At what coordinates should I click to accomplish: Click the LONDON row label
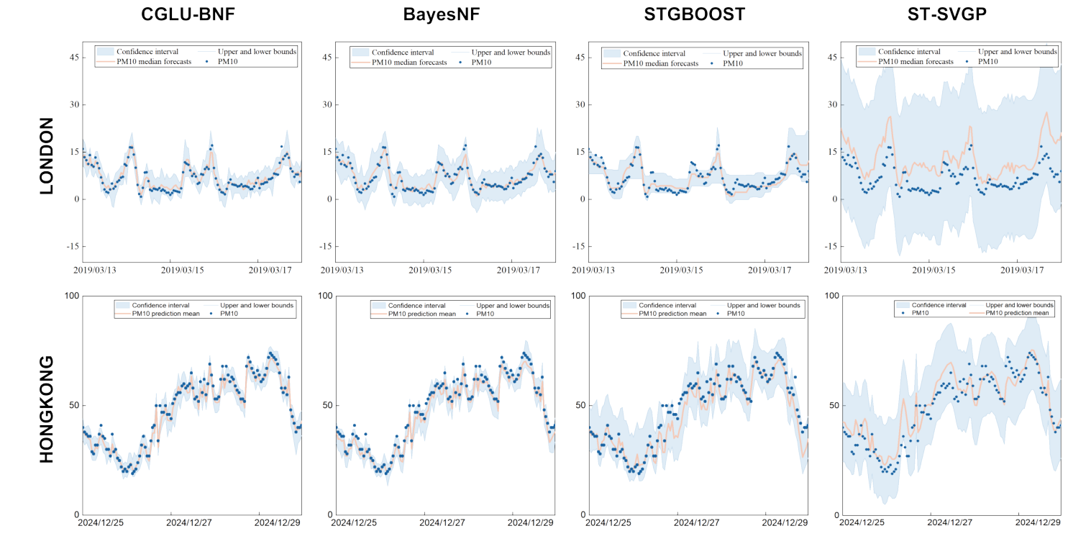[x=45, y=155]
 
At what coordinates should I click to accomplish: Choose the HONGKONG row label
[x=45, y=408]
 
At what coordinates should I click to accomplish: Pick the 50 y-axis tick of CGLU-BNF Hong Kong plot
[x=72, y=405]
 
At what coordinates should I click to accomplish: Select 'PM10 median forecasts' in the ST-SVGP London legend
[x=916, y=62]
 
